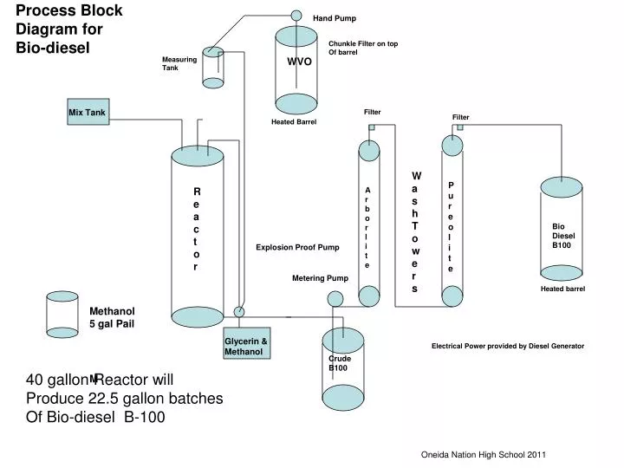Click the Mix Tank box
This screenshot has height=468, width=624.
pos(88,113)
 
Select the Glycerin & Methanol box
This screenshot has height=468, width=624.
pos(246,347)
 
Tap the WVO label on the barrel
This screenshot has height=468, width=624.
pos(299,62)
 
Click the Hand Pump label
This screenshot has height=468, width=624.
pos(335,18)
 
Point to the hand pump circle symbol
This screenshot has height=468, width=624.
pos(296,16)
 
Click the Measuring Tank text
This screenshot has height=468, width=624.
pos(179,63)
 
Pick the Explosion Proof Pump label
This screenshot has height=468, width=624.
pos(297,248)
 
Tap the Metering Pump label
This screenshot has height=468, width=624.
pos(320,278)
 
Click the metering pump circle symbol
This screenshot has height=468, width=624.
pos(335,299)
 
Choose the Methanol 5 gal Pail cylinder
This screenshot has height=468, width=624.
pos(62,314)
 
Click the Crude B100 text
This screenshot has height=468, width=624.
pos(339,363)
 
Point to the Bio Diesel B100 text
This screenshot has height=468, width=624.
pos(564,236)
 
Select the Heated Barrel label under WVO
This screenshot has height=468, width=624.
pos(294,122)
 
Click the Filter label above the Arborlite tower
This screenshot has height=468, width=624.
pos(373,112)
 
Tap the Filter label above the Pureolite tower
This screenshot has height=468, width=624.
pos(460,117)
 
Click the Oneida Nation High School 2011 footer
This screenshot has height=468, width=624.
pos(484,455)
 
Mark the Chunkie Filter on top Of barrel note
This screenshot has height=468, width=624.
pos(363,48)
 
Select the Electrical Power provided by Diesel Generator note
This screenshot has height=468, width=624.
pos(508,346)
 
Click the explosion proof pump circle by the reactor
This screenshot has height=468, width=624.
pos(239,312)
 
